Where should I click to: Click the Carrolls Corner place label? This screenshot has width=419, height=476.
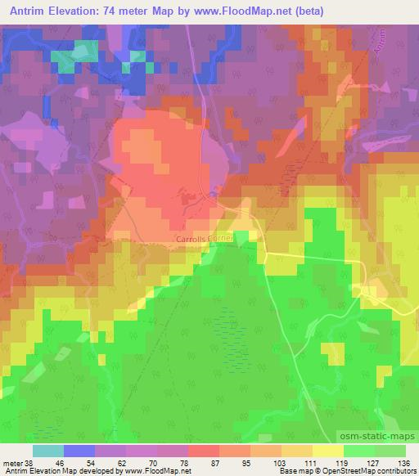coord(205,240)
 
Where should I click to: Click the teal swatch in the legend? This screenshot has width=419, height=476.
coord(47,451)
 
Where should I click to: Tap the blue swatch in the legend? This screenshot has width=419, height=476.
coord(79,451)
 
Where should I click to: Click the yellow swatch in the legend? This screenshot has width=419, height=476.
coord(328,451)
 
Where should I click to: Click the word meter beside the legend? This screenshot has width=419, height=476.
coord(11,462)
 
